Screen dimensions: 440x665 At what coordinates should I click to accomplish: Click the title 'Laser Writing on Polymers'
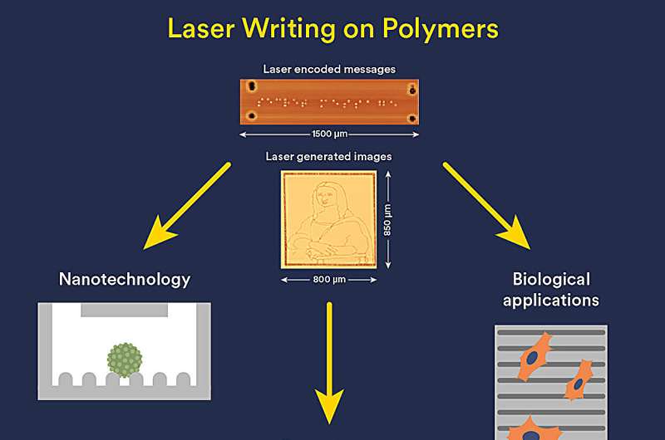coord(332,28)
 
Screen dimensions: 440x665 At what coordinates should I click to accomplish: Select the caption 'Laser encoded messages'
coord(329,69)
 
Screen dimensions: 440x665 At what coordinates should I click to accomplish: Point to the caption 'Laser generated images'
coord(328,156)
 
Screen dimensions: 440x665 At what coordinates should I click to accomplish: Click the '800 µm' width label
coord(328,280)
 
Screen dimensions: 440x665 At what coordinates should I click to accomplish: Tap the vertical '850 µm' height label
coord(388,219)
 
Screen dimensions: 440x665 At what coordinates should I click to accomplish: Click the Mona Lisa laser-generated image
coord(328,219)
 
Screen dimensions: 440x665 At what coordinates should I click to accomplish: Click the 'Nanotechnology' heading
coord(125,279)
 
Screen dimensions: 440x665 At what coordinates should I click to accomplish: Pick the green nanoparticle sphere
coord(125,359)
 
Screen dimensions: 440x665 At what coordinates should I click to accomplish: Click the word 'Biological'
coord(551,279)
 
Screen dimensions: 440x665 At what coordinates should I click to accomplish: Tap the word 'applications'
coord(551,299)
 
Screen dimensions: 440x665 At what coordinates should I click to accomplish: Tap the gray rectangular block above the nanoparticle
coord(125,310)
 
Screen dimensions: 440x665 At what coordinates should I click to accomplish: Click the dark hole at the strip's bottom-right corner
coord(411,120)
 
